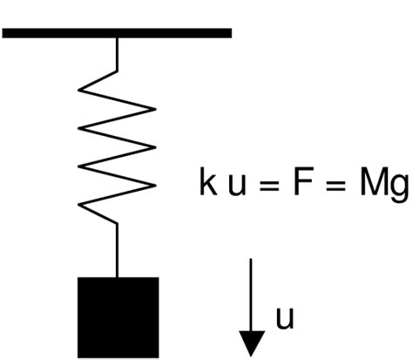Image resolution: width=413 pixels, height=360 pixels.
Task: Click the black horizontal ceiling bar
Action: [x=117, y=33]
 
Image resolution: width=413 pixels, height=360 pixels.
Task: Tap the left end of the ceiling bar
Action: [x=5, y=33]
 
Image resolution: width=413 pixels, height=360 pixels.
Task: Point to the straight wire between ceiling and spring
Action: [x=118, y=52]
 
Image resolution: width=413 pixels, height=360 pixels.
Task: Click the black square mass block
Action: [x=118, y=314]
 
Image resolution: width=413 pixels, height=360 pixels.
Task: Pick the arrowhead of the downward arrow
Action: [x=252, y=343]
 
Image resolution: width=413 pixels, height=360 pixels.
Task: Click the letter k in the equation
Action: [x=206, y=186]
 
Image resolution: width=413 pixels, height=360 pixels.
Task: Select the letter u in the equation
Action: [x=232, y=188]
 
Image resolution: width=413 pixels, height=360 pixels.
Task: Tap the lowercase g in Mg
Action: [x=399, y=190]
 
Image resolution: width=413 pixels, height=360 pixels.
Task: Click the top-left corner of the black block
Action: [x=79, y=279]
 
